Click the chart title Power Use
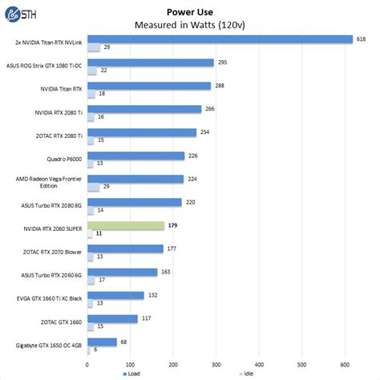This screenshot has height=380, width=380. pyautogui.click(x=190, y=12)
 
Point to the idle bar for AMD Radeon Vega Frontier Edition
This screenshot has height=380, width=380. pyautogui.click(x=95, y=187)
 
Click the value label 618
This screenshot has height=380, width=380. pyautogui.click(x=362, y=38)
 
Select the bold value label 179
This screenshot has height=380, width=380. pyautogui.click(x=173, y=225)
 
